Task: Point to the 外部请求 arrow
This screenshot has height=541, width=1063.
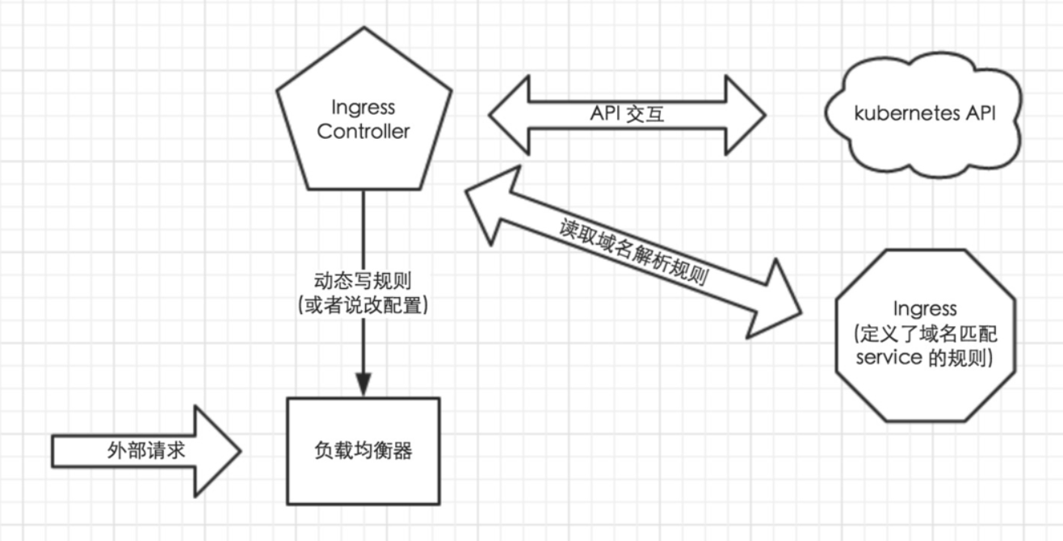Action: (145, 450)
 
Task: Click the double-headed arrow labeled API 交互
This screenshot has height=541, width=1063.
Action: (626, 115)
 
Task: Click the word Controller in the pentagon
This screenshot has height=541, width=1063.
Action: (363, 131)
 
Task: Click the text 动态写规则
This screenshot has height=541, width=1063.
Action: (363, 282)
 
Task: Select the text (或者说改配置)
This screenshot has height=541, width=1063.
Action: (363, 305)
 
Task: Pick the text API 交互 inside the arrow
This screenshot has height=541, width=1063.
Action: (627, 114)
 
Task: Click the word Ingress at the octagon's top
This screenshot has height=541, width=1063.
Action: (925, 308)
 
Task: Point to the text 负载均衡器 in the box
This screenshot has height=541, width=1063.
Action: (363, 451)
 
